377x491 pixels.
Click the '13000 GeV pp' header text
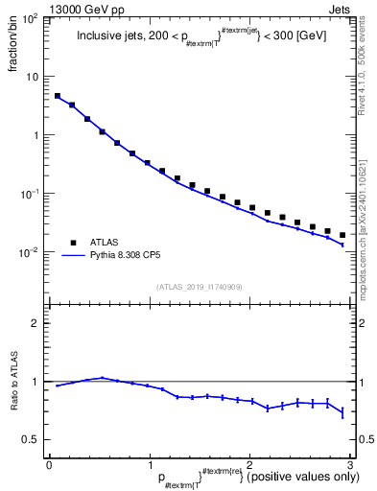point(82,8)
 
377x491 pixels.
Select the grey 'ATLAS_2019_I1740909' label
point(199,287)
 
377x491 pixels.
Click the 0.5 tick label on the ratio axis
point(31,439)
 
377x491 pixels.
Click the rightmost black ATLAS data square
point(342,235)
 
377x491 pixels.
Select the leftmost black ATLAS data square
point(58,96)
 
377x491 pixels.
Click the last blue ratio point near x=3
point(342,412)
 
